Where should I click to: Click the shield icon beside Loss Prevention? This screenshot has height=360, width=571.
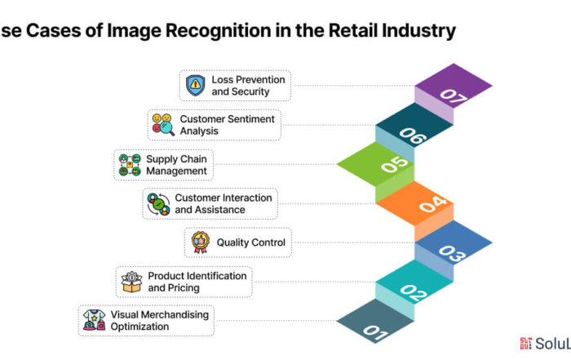click(196, 85)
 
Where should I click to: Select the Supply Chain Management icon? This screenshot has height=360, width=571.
click(130, 165)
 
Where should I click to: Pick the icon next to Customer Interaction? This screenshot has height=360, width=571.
click(158, 204)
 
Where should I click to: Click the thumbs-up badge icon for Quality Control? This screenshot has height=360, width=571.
click(201, 242)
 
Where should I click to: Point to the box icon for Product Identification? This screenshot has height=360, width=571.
click(131, 282)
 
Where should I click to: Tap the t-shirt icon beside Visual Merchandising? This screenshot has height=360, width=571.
click(94, 320)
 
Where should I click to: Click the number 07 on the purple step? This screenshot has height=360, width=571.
click(454, 96)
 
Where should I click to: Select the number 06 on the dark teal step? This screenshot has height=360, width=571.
click(413, 136)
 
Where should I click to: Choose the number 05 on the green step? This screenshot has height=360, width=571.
click(394, 164)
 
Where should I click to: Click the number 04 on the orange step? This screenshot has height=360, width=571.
click(433, 204)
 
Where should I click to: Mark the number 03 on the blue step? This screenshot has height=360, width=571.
click(452, 254)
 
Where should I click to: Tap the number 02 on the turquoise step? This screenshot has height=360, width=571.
click(414, 293)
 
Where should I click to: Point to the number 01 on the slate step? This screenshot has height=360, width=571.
click(376, 333)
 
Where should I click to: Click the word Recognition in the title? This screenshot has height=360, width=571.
click(218, 30)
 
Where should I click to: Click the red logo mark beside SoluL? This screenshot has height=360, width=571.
click(525, 343)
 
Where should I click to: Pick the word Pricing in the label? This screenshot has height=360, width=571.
click(184, 288)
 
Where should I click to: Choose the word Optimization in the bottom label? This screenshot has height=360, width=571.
click(139, 327)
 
